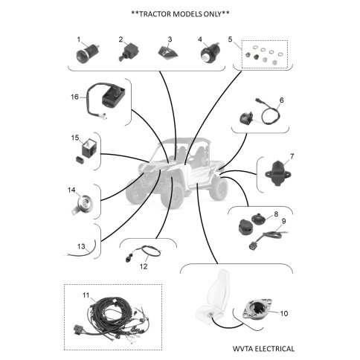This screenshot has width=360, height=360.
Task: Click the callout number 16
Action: [74, 97]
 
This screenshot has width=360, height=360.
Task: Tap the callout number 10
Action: [284, 313]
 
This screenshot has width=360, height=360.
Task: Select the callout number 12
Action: [144, 266]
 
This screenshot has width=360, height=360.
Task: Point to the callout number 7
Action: [292, 156]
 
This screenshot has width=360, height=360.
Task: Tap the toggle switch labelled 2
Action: [128, 52]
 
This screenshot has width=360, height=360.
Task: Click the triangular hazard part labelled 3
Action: [168, 52]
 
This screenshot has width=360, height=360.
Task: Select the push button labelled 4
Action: [210, 53]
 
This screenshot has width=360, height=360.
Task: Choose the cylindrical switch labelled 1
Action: [88, 53]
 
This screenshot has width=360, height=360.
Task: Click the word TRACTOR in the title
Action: [155, 14]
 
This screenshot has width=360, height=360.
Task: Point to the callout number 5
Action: [231, 39]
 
